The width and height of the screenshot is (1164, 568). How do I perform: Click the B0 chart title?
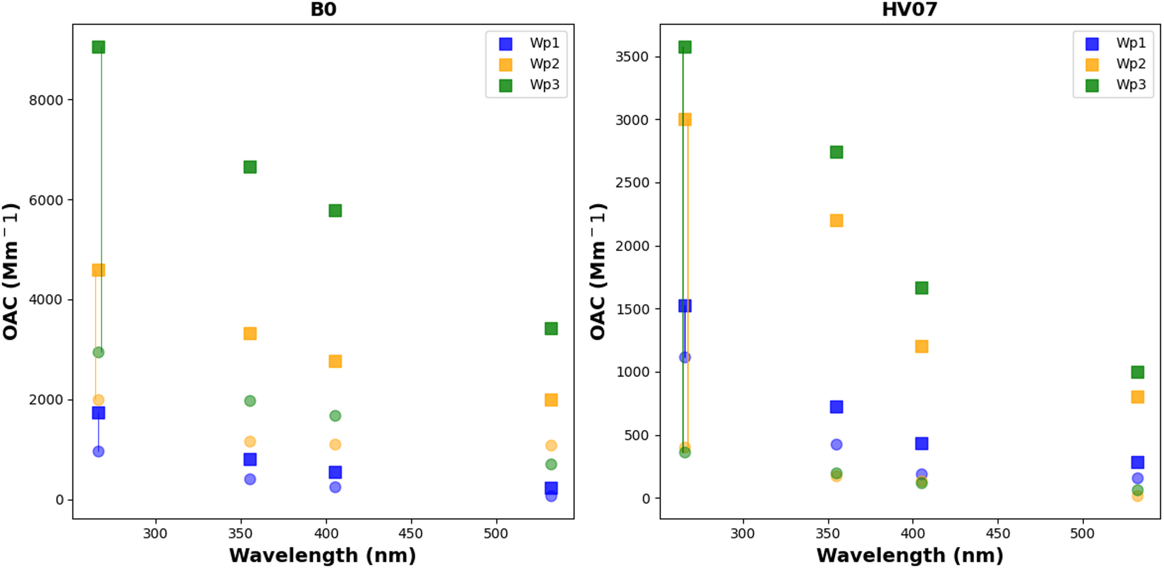coord(323,9)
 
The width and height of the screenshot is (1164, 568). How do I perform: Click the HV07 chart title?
coord(909,9)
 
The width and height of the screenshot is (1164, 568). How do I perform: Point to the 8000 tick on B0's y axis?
coord(46,100)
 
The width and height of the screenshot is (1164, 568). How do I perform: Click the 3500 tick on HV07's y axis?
coord(632,57)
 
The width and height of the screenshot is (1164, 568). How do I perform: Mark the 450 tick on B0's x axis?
coord(410,533)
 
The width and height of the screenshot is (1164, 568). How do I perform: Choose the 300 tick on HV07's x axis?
coord(742,533)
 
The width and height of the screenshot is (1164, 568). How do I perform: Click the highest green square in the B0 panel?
coord(99,47)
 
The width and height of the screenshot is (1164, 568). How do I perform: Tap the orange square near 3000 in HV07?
coord(685,119)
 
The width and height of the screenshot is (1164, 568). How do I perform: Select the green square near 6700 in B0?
coord(250,167)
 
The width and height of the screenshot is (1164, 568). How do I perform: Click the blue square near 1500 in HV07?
coord(685,306)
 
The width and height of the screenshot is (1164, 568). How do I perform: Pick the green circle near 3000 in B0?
coord(99,352)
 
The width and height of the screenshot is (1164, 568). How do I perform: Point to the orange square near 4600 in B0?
coord(99,270)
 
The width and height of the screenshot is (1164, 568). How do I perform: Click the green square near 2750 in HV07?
coord(836,152)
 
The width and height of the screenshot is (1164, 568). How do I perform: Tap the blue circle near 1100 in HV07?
coord(685,358)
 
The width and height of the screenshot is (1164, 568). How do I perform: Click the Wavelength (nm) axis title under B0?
coord(322,555)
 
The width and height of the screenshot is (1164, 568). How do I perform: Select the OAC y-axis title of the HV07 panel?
coord(598,271)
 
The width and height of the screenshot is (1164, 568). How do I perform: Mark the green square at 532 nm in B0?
coord(551,329)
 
